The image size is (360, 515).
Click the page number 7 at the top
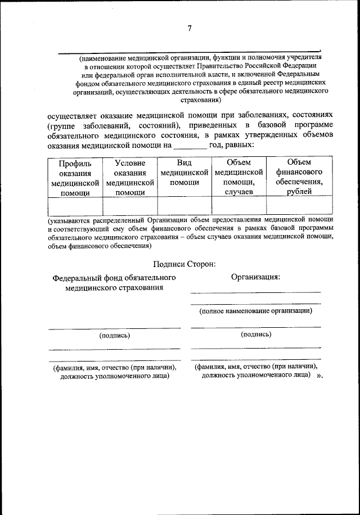(x=190, y=29)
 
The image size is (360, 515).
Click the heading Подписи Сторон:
(x=185, y=264)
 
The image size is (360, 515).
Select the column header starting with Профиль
(x=75, y=178)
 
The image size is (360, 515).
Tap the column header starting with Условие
(x=130, y=178)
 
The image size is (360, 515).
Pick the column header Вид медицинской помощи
(x=184, y=173)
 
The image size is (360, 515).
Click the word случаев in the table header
(x=239, y=192)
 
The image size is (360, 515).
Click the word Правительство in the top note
(x=195, y=66)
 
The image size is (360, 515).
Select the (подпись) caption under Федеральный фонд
(x=114, y=336)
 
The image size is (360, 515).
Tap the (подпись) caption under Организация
(x=256, y=335)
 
